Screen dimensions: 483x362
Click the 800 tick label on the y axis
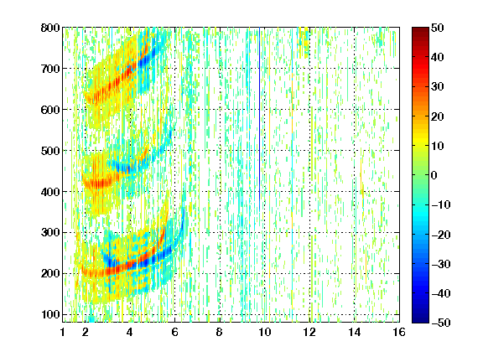coord(50,28)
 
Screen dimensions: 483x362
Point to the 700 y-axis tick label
coord(50,69)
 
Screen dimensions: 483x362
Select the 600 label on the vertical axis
coord(50,110)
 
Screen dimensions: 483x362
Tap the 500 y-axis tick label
coord(50,151)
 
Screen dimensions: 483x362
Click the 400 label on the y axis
coord(50,192)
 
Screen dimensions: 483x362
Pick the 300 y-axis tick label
coord(50,233)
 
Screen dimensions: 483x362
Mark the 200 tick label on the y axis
coord(50,274)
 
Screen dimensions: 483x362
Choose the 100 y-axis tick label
coord(50,314)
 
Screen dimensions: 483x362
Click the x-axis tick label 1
coord(63,332)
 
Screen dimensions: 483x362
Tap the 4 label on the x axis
coord(130,332)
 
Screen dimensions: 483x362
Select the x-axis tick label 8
coord(220,332)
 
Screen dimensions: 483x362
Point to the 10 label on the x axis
coord(264,332)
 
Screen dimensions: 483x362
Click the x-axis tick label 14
coord(354,332)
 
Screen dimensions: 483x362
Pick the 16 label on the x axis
coord(399,332)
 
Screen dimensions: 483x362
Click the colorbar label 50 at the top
coord(438,28)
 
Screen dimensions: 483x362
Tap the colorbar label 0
coord(434,175)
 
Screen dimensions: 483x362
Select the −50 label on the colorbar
coord(441,323)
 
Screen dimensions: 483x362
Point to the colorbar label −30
coord(441,264)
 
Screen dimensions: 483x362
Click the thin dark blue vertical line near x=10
coord(260,118)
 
